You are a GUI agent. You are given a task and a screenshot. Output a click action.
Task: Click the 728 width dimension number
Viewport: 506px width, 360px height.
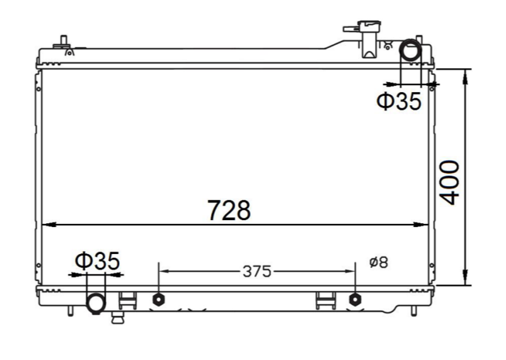229,210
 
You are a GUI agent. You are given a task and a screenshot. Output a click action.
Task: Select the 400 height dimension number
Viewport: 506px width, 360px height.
449,182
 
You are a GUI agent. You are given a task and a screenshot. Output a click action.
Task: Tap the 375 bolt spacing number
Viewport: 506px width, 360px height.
256,271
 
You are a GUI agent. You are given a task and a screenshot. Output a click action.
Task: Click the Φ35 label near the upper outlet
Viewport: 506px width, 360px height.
398,101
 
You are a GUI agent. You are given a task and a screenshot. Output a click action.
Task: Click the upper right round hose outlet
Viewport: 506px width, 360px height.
411,50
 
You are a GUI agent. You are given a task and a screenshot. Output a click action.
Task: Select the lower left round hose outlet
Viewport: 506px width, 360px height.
96,303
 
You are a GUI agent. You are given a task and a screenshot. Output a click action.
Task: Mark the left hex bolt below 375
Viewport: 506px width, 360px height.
158,299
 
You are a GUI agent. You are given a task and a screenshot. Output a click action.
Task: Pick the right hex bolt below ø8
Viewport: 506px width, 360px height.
355,299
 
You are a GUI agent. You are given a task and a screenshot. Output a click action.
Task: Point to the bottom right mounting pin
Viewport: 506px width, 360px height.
413,310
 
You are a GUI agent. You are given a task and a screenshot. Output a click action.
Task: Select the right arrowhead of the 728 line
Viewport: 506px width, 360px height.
425,224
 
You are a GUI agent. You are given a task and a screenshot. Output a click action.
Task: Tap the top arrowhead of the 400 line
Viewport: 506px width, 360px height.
466,75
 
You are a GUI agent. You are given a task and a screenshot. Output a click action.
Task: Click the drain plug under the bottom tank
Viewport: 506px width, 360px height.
117,317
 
